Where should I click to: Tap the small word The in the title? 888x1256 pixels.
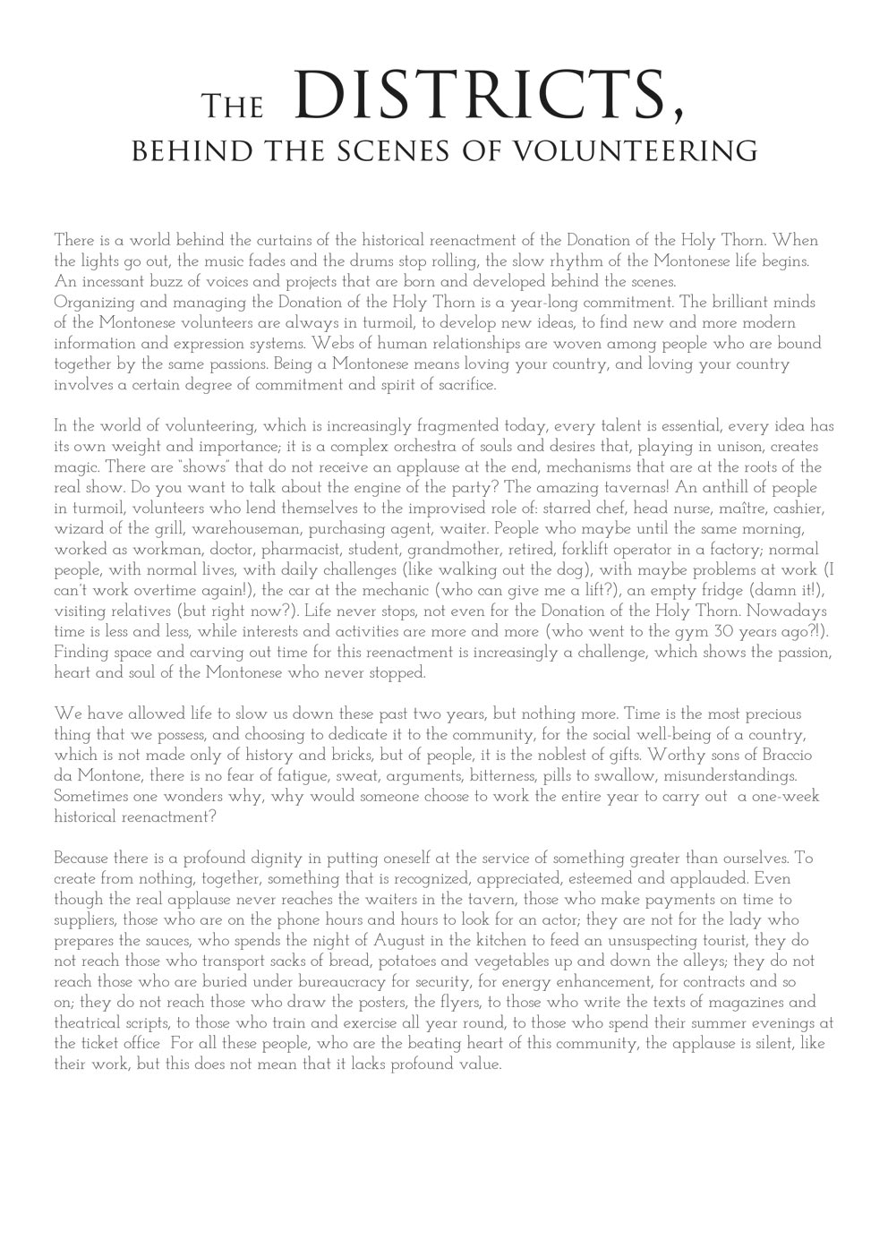[x=232, y=107]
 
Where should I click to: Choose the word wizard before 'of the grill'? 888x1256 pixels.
[x=77, y=528]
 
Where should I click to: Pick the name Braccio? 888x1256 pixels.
[x=785, y=755]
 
